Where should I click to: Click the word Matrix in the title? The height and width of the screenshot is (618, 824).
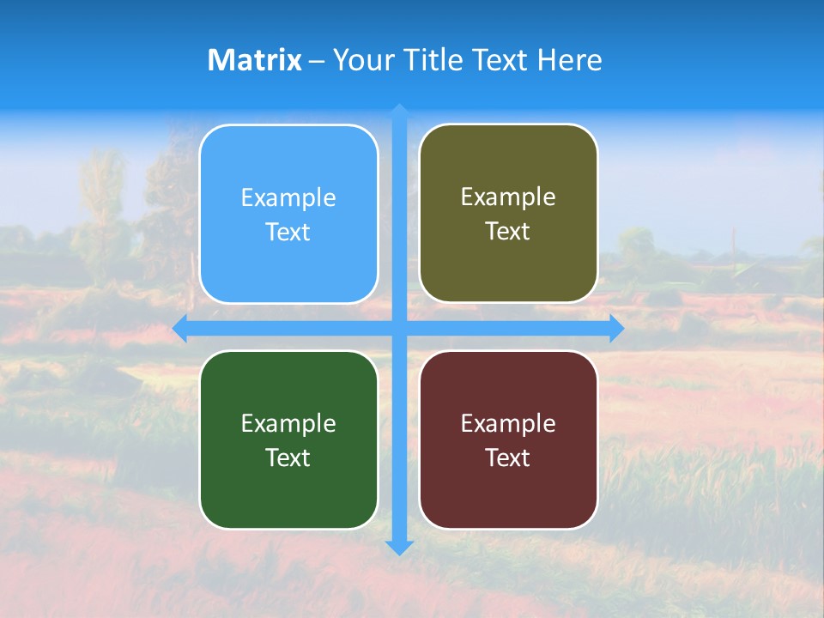click(254, 60)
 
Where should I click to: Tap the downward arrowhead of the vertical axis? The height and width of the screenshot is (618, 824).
click(399, 547)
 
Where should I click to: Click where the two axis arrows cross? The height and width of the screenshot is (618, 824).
click(399, 328)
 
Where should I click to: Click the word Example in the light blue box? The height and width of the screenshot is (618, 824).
click(288, 198)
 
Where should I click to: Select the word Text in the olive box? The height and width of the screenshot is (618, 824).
click(508, 232)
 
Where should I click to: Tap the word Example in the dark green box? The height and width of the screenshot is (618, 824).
click(288, 423)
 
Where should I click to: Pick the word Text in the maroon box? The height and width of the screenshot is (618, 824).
click(508, 457)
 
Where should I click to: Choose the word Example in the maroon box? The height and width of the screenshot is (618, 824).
click(508, 423)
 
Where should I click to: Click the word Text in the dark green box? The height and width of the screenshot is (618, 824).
click(288, 457)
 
